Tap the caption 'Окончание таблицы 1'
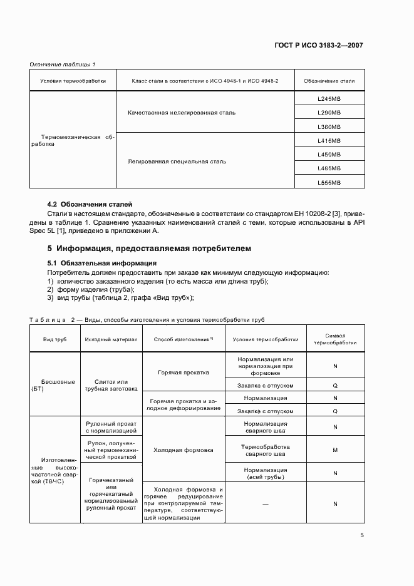(x=63, y=65)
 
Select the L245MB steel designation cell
(x=329, y=98)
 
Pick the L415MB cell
(x=329, y=140)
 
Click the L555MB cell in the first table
(x=329, y=182)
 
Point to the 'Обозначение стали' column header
(x=329, y=81)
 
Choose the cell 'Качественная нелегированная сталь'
(x=182, y=112)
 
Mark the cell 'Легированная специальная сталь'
(x=177, y=162)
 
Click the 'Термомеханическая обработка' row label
(x=73, y=140)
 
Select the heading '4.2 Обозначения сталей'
(x=90, y=204)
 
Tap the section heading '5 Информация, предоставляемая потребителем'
(x=150, y=249)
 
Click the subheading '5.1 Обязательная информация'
(x=102, y=263)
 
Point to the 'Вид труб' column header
(x=54, y=339)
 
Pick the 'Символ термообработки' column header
(x=335, y=339)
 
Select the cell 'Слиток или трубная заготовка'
(x=111, y=385)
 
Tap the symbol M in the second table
(x=335, y=450)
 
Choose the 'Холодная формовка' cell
(x=183, y=450)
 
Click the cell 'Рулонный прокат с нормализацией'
(x=111, y=427)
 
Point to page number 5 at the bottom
(x=361, y=535)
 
